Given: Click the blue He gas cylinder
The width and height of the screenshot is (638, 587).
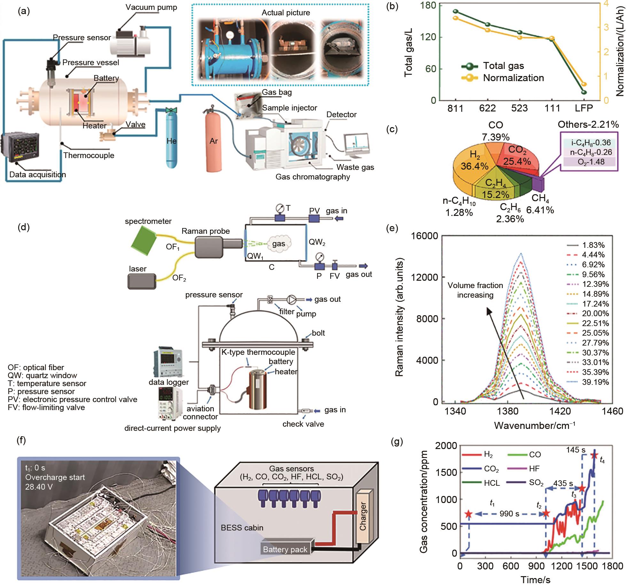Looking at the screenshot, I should point(172,141).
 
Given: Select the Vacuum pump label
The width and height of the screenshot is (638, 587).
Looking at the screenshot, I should point(151,7).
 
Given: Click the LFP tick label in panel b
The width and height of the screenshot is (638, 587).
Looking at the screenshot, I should point(584,108).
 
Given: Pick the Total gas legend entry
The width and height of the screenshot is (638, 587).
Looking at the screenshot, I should point(503,66).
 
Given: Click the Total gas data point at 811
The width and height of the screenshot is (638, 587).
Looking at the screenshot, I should point(456,11).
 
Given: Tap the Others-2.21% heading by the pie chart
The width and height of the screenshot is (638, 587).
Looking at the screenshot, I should point(588,125).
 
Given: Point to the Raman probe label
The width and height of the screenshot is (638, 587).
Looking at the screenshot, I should point(206,231).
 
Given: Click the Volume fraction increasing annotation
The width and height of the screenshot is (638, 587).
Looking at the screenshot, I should point(475,290).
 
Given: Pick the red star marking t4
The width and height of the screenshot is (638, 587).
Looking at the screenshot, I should point(594,455).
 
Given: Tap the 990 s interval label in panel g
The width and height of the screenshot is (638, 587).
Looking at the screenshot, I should point(509,514).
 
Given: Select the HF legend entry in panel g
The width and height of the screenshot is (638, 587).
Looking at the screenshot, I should point(534,469).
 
